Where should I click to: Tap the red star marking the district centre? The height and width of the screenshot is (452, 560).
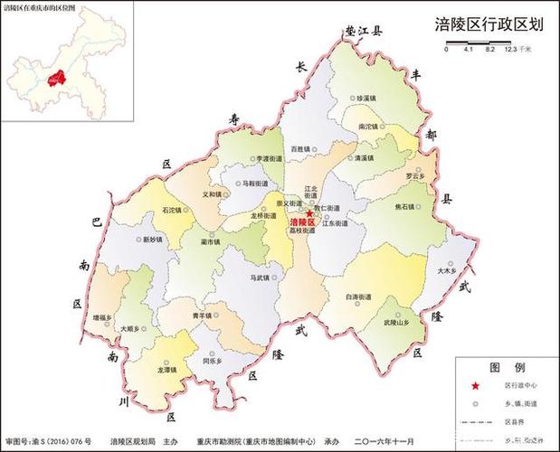click(310, 213)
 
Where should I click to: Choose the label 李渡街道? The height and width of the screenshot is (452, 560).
click(269, 158)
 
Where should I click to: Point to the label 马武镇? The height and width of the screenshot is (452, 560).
click(261, 278)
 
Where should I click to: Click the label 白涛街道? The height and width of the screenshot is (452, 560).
click(358, 297)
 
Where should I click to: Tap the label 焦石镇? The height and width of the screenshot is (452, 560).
click(406, 205)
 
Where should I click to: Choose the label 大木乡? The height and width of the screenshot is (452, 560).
click(444, 269)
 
